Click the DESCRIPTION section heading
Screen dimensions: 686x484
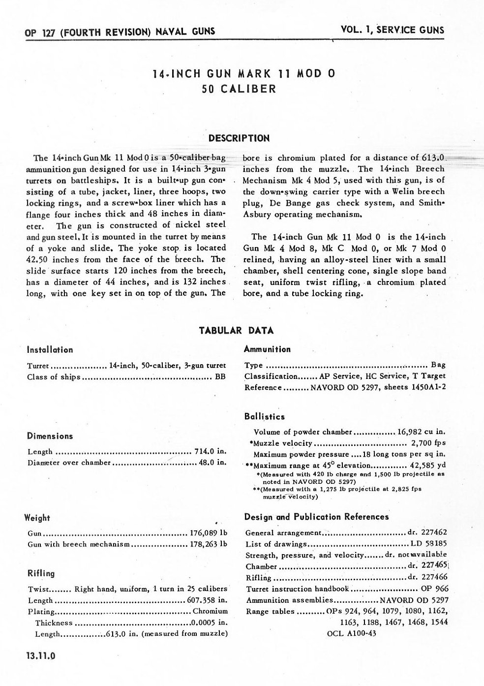pyautogui.click(x=239, y=138)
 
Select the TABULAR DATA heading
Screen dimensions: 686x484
pyautogui.click(x=236, y=330)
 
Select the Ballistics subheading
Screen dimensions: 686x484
pyautogui.click(x=264, y=416)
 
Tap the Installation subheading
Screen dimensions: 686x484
pyautogui.click(x=50, y=350)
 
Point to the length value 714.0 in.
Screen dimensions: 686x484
pyautogui.click(x=210, y=452)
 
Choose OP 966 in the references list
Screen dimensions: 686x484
pyautogui.click(x=435, y=589)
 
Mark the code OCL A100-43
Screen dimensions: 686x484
pyautogui.click(x=351, y=633)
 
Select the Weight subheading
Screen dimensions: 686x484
pyautogui.click(x=37, y=518)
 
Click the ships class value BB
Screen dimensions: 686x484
pyautogui.click(x=220, y=377)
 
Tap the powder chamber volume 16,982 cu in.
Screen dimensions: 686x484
pyautogui.click(x=421, y=432)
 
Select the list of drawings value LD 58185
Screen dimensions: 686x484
pyautogui.click(x=429, y=544)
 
